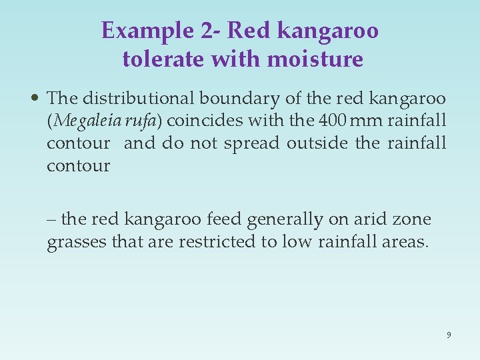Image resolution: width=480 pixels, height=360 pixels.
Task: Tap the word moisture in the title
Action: pos(315,59)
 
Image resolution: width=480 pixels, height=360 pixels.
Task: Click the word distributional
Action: pos(138,99)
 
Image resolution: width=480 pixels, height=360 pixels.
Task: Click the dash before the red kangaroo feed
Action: pos(52,220)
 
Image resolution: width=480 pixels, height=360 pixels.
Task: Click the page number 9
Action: pos(449,335)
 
